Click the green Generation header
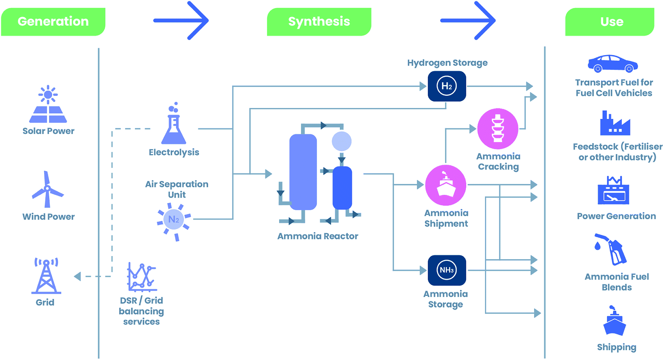[x=53, y=22]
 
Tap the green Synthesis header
[x=319, y=22]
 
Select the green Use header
[x=610, y=22]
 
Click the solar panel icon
[x=48, y=105]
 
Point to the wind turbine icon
[x=47, y=190]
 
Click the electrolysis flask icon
[x=174, y=126]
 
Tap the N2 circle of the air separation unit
[x=174, y=219]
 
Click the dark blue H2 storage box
[x=447, y=86]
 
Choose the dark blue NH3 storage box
[x=447, y=270]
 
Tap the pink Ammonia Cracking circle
[x=498, y=129]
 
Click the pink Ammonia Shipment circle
[x=446, y=185]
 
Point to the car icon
[x=612, y=63]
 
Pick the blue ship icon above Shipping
[x=614, y=322]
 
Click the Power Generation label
[x=616, y=216]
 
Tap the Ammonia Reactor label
[x=318, y=236]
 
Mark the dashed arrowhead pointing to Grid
[x=77, y=276]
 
